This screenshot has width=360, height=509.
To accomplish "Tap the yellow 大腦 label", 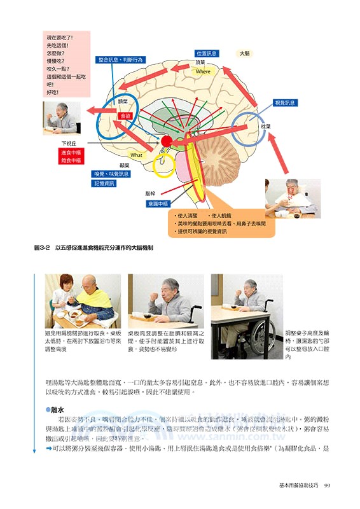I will click(x=244, y=54).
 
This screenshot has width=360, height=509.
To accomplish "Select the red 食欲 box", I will click(x=125, y=116).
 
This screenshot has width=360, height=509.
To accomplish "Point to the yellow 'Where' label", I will click(x=203, y=71).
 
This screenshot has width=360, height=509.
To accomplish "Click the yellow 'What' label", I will click(x=137, y=155).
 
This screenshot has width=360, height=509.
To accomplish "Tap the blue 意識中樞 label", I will click(x=155, y=204).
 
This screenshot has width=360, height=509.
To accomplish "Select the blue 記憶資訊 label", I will click(x=104, y=183).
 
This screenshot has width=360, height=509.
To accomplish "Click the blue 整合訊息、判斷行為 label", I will click(x=121, y=60).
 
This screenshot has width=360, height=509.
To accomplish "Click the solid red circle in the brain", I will click(x=167, y=141).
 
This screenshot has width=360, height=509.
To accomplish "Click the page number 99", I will click(x=326, y=487).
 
